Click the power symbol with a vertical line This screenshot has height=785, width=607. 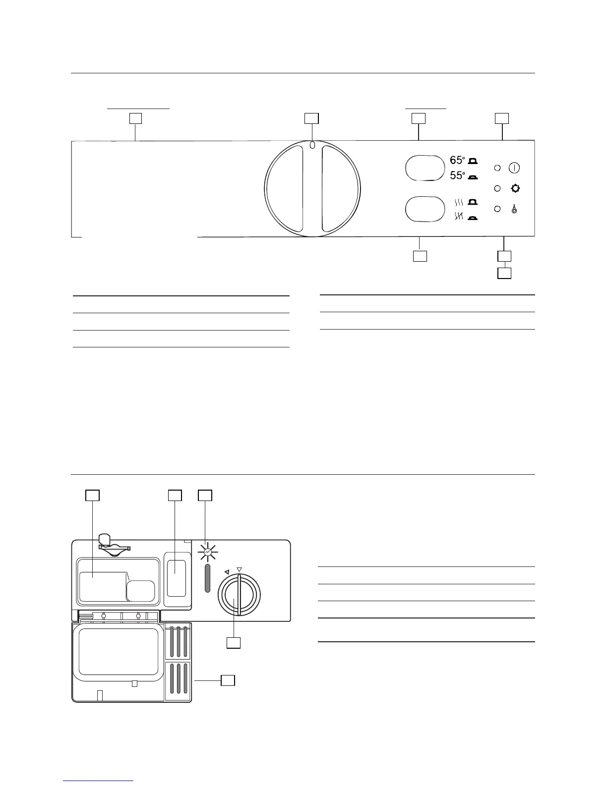point(514,168)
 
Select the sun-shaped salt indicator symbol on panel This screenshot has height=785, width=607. point(515,189)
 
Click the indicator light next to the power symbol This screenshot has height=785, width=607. point(497,168)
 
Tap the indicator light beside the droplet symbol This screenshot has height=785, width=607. point(497,209)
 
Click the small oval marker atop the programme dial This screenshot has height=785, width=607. point(311,145)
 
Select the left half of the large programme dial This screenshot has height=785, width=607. point(284,188)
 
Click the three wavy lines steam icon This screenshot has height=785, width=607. point(459,202)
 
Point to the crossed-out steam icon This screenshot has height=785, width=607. point(459,216)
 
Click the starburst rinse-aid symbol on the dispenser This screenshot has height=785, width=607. point(207,552)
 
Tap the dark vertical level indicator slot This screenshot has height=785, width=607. point(207,577)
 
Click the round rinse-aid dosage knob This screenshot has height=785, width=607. point(239,594)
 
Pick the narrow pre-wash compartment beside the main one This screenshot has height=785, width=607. point(177,578)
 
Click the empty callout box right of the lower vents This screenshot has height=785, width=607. point(227,680)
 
